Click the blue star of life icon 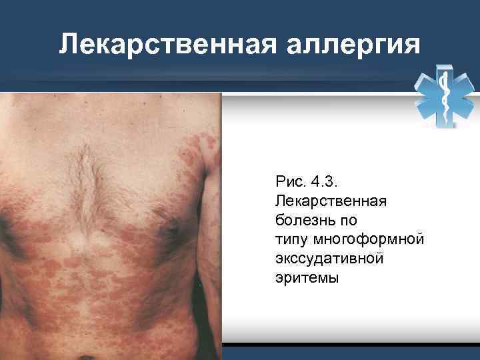click(445, 98)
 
